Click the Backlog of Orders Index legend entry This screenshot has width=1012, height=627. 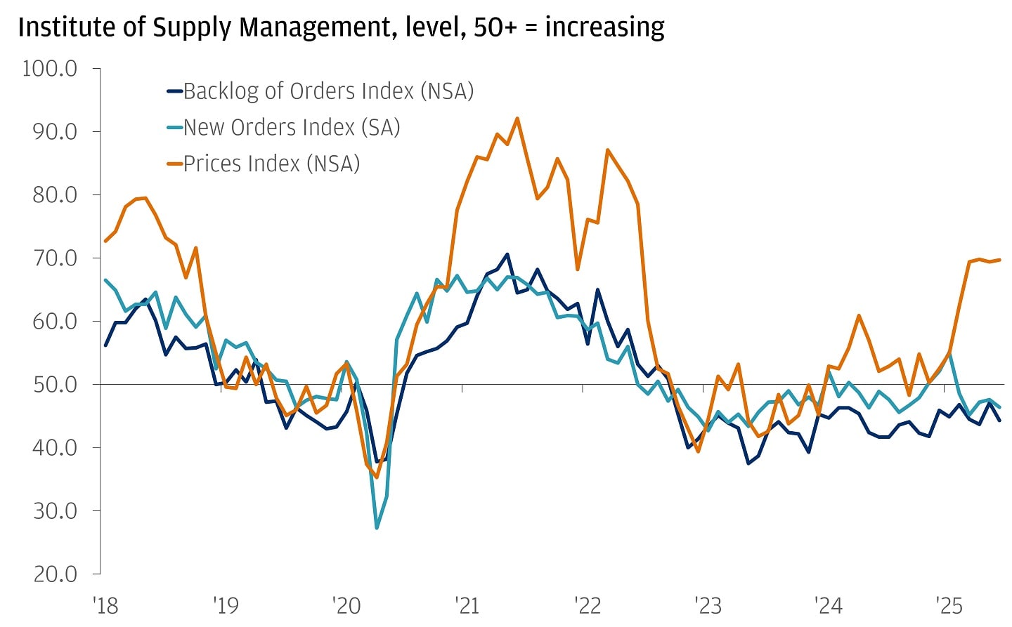pos(328,91)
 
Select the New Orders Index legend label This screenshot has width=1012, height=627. pos(292,128)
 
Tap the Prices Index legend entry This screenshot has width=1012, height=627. pos(271,164)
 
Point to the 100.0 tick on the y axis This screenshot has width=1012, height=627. pos(50,69)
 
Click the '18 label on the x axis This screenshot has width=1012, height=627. pos(105,605)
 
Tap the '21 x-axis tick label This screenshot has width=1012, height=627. pos(467,605)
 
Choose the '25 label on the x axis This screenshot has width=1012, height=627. pos(948,605)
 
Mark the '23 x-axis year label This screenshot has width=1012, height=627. pos(708,605)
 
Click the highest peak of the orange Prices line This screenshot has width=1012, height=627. pos(517,118)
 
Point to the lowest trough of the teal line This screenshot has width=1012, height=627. pos(377,528)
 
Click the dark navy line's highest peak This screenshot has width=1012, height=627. pos(507,254)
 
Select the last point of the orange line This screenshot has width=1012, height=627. pos(999,260)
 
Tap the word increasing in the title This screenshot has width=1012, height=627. pos(604,28)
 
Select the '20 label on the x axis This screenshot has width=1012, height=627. pos(346,605)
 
